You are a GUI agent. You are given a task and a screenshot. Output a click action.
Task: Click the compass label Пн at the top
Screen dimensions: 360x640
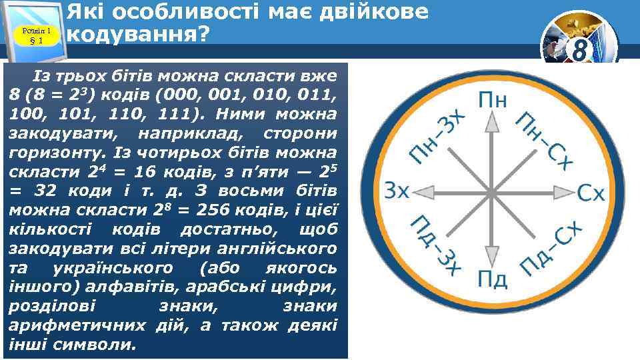point(492,101)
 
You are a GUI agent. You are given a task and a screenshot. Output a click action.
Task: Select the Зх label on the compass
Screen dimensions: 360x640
point(397,192)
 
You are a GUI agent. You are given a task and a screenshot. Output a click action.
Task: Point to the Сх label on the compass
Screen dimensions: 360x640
point(591,193)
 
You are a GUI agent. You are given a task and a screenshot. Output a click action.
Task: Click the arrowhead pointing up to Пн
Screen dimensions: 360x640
point(492,121)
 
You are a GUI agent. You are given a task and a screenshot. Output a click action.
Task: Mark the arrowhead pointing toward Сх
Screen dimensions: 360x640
point(562,192)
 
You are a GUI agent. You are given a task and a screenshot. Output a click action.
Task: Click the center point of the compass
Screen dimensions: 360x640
point(492,192)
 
